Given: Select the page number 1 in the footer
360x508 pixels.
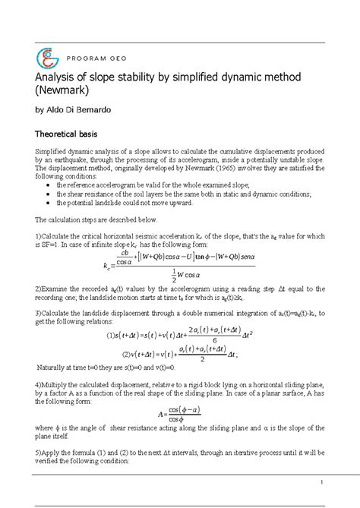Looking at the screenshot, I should pos(322,483).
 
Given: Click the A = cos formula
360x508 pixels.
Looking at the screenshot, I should pos(180,414).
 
